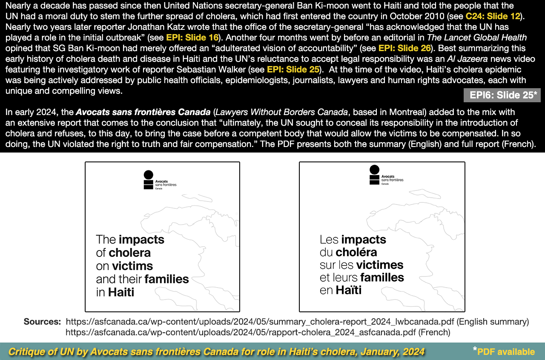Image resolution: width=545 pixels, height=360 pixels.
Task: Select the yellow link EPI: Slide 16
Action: [x=192, y=37]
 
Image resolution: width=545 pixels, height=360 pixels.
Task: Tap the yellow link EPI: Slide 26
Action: [x=404, y=48]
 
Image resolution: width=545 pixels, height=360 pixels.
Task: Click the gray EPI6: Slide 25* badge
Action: [x=502, y=95]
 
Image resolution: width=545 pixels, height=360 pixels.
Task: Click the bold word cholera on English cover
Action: [x=129, y=253]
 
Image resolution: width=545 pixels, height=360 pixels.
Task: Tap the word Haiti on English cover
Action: [x=121, y=293]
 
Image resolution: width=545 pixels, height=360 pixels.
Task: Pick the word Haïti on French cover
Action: [x=348, y=291]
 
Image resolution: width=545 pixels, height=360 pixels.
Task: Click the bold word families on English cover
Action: [x=166, y=279]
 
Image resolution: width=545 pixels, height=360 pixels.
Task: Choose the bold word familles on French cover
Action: [x=383, y=278]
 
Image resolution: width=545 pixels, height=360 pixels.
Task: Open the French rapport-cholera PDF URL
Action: [x=241, y=332]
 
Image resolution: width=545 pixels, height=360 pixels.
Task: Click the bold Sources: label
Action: [x=42, y=321]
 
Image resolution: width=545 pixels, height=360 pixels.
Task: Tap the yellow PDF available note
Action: [x=506, y=352]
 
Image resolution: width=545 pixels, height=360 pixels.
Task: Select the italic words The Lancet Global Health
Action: [x=476, y=37]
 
